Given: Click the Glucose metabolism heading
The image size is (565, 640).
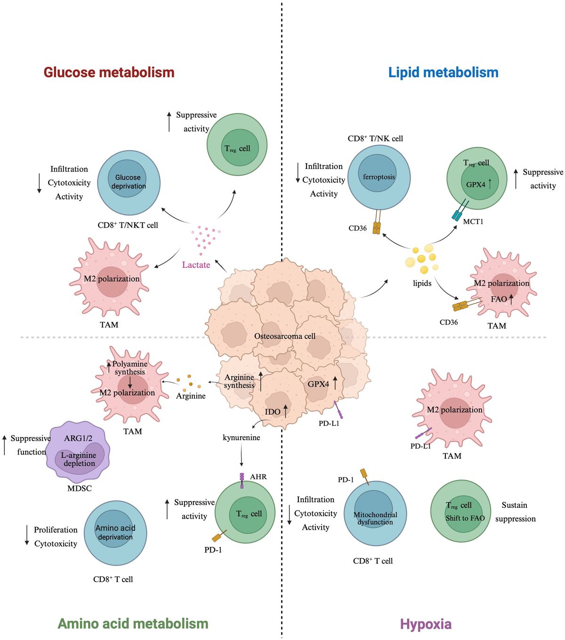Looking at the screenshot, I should tap(109, 72).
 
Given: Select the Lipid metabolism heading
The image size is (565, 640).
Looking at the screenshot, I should tap(443, 72).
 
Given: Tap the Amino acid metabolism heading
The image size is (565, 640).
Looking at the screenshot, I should tap(133, 624).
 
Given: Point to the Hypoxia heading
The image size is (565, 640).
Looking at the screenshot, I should tap(426, 624).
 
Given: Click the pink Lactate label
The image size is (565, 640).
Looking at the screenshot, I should tap(196, 265).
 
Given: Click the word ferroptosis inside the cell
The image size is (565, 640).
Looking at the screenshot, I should tap(379, 177).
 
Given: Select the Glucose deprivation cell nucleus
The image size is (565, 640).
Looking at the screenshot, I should tap(128, 182).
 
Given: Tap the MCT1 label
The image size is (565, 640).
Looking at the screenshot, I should tap(473, 221).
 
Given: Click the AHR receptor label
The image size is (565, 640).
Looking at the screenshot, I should tap(258, 477).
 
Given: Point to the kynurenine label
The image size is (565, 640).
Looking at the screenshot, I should tap(241, 438).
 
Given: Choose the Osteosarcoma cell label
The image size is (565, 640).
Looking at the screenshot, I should tap(285, 336).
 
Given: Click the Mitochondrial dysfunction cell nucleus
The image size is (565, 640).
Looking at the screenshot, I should tap(375, 518).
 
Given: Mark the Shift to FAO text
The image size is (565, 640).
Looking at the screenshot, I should tap(465, 518).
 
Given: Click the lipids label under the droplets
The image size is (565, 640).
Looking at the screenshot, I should tap(422, 283).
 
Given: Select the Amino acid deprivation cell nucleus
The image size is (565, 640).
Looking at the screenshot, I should tap(115, 532).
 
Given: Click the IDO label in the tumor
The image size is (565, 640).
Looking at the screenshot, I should tap(272, 412).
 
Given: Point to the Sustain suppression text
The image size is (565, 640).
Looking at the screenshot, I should tap(515, 512).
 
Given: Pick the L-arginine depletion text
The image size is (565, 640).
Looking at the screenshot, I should tap(79, 459).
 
